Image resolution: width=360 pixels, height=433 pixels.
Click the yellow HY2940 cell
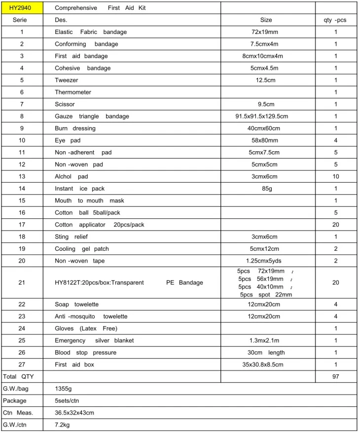point(22,8)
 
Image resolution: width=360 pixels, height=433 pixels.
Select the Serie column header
point(22,20)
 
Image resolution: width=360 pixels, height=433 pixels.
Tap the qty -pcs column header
point(335,20)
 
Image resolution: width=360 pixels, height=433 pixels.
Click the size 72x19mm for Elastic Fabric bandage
point(266,32)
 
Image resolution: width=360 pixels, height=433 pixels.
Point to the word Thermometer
point(73,92)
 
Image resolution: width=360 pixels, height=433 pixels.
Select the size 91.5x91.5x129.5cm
point(266,116)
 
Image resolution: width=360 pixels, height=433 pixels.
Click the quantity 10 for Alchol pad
point(335,176)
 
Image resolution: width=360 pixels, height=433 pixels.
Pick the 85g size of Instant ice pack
point(266,189)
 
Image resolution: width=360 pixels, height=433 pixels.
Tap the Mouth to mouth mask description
point(89,200)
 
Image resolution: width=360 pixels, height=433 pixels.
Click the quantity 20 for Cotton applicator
point(335,225)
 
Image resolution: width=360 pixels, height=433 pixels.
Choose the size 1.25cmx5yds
point(266,261)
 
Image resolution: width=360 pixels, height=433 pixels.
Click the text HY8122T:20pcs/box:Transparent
point(99,283)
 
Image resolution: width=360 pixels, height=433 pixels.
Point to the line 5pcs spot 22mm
point(266,295)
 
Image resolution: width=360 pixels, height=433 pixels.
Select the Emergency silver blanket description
point(94,340)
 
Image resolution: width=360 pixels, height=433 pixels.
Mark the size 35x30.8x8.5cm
point(266,365)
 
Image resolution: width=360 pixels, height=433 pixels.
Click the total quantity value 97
point(335,377)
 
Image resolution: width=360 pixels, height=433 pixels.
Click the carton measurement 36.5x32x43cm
point(74,413)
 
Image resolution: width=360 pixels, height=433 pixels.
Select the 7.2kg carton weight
point(63,425)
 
